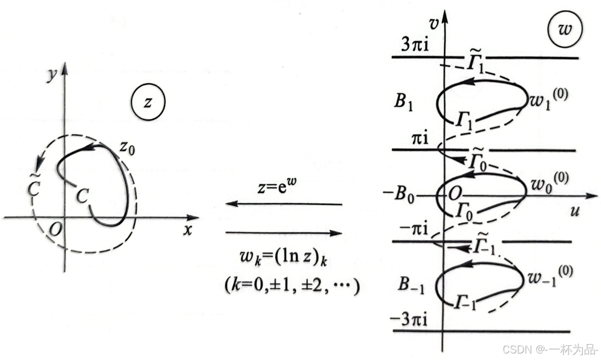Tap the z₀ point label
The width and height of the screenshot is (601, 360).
127,148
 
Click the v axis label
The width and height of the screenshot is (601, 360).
433,25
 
